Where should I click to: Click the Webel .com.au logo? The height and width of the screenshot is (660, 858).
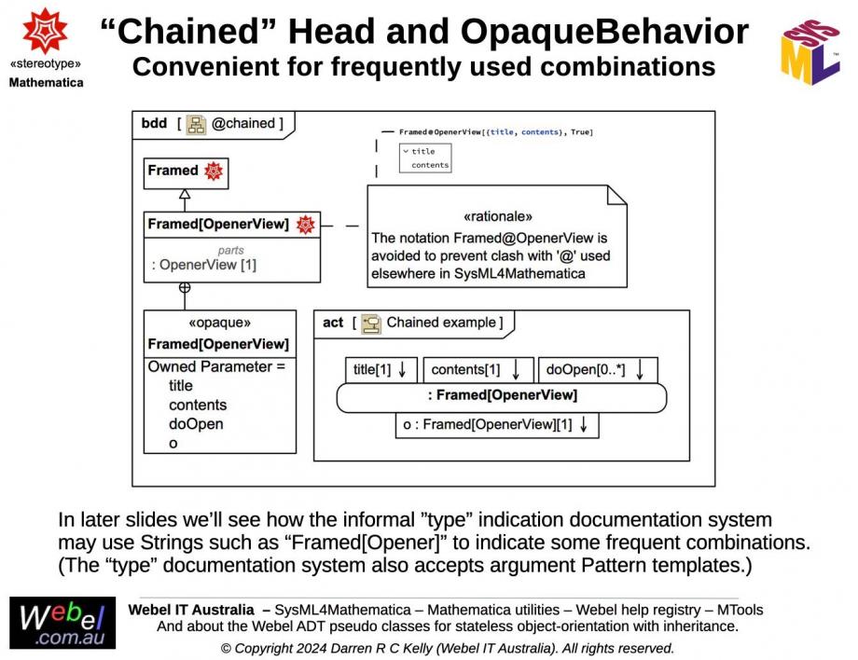[x=62, y=623]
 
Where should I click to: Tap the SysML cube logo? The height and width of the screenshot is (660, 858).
[x=810, y=53]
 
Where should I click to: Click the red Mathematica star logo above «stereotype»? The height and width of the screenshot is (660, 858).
[x=45, y=31]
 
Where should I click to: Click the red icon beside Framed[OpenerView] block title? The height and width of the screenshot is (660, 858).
[x=305, y=225]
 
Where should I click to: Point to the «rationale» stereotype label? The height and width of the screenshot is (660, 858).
[x=498, y=216]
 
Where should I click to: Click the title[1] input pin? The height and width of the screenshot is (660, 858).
[x=381, y=370]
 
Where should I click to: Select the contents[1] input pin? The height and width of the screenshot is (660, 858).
[x=477, y=370]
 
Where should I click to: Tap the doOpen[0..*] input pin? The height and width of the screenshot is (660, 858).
[x=597, y=370]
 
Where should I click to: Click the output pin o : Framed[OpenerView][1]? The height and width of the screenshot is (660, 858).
[x=496, y=425]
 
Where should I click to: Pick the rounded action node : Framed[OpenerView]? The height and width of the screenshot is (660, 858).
[x=502, y=396]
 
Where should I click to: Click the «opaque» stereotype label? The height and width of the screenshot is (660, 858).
[x=219, y=323]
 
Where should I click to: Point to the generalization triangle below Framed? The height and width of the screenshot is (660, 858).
[x=185, y=195]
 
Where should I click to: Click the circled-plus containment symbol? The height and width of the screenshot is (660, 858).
[x=185, y=288]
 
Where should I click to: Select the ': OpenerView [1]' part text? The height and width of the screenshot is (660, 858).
[x=204, y=265]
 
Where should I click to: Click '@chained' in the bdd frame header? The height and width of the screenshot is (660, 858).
[x=243, y=123]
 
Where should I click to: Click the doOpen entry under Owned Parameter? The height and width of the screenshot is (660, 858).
[x=195, y=424]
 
